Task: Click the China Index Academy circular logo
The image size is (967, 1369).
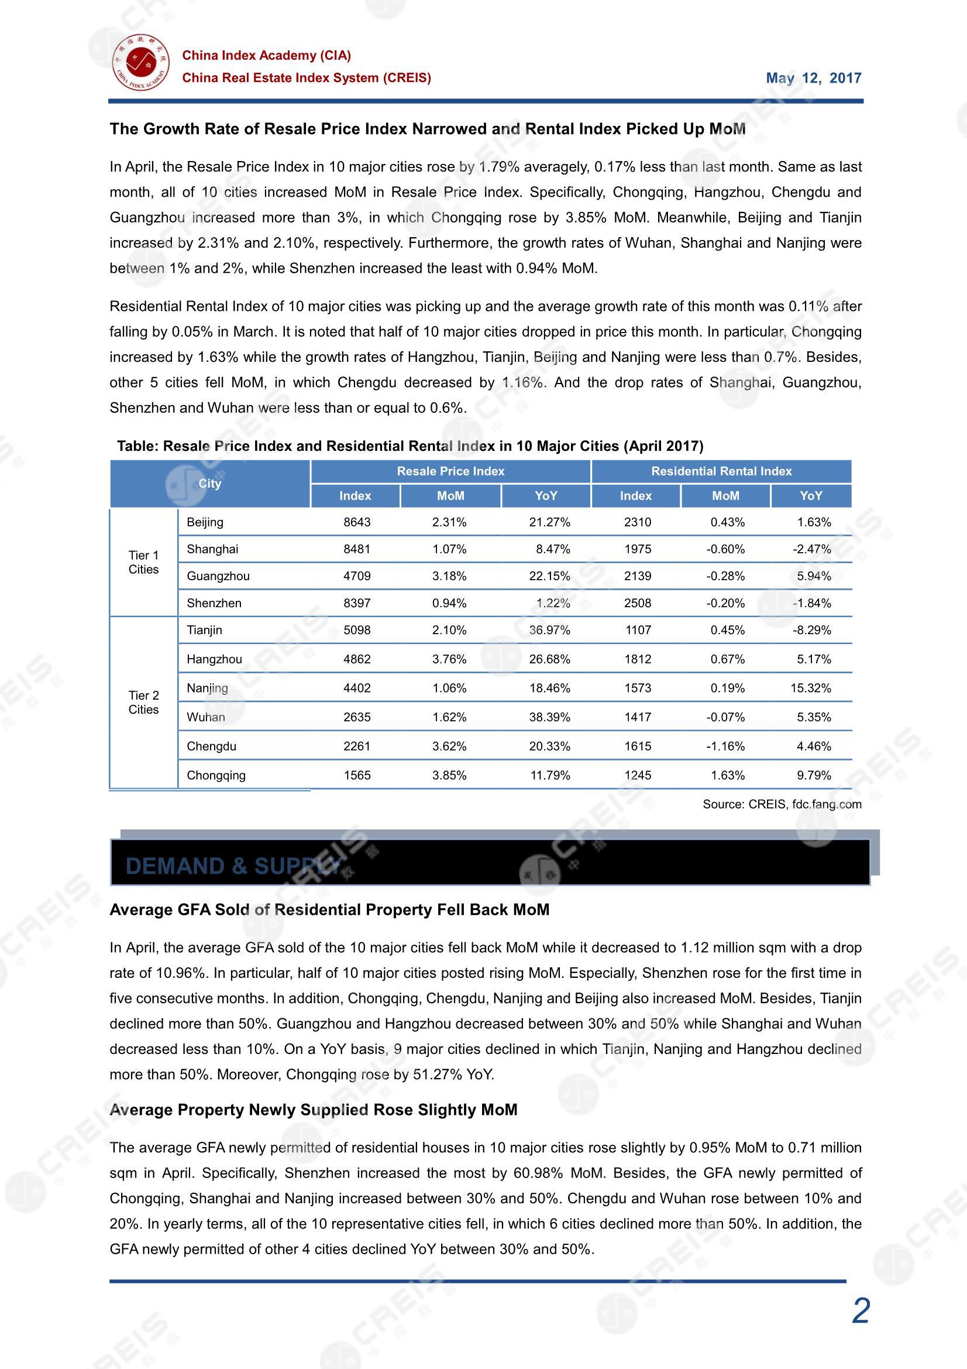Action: coord(140,63)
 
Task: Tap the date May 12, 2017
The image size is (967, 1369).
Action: coord(813,78)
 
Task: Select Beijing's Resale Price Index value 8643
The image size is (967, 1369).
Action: coord(357,522)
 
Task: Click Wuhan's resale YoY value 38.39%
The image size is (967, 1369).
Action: coord(549,717)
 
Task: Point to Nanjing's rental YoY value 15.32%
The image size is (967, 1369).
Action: coord(810,688)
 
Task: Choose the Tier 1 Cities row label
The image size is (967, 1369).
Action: coord(143,562)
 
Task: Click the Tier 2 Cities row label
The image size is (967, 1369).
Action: coord(143,703)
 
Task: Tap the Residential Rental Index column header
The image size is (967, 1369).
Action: coord(721,471)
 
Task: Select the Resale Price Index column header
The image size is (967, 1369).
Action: coord(450,471)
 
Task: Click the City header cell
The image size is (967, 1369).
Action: coord(210,484)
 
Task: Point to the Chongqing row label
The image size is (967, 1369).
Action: coord(216,776)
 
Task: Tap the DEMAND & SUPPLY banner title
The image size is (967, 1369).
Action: coord(233,867)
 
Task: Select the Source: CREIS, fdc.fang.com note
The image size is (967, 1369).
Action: coord(782,805)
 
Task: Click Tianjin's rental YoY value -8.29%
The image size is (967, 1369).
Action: coord(811,630)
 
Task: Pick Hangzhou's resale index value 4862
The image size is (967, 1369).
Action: coord(357,659)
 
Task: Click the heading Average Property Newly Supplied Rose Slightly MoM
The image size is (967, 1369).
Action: coord(314,1110)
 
